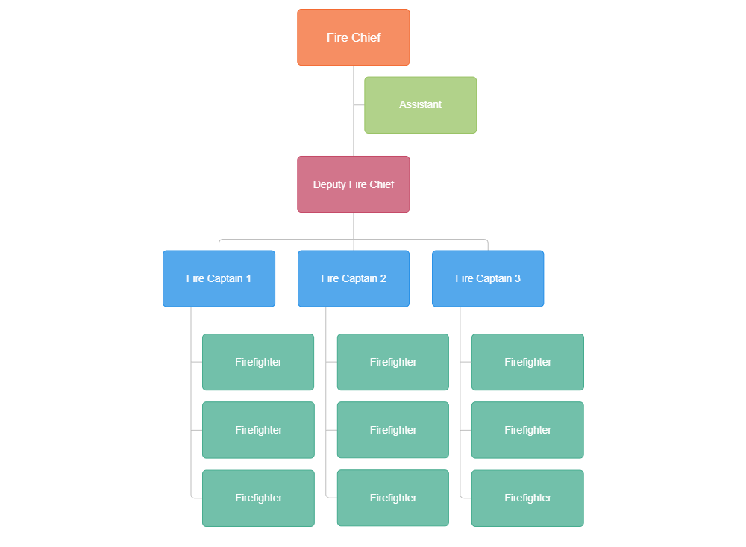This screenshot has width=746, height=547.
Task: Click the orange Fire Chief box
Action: click(x=354, y=37)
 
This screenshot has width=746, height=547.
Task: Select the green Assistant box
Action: click(x=420, y=104)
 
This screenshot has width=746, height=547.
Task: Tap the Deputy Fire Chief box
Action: click(x=354, y=184)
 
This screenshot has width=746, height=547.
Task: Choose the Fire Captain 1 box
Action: click(x=219, y=278)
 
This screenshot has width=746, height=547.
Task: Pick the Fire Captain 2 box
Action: click(x=354, y=278)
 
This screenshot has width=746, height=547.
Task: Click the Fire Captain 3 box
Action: click(x=488, y=278)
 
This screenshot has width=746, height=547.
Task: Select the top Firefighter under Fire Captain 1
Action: click(x=258, y=362)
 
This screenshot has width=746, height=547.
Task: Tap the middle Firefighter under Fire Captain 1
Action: click(x=258, y=430)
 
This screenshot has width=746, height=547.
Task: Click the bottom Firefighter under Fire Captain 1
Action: click(x=258, y=498)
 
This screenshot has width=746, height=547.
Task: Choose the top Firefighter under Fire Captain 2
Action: click(x=392, y=362)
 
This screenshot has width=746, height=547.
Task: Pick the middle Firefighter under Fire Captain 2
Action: click(x=392, y=430)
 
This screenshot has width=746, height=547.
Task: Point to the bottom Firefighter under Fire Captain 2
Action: click(x=392, y=498)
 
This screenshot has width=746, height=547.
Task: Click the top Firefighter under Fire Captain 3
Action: click(x=527, y=362)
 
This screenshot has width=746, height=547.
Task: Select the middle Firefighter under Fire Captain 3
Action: click(x=527, y=430)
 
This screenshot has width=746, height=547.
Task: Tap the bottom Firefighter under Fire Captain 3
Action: click(x=527, y=498)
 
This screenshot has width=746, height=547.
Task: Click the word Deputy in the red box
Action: click(x=329, y=184)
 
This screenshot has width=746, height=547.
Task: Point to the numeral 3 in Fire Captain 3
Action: click(x=518, y=278)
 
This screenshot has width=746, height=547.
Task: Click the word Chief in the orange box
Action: click(x=366, y=37)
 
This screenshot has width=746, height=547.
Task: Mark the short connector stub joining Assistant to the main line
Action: click(x=359, y=104)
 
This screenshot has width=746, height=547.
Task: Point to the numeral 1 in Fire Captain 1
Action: click(x=248, y=278)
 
